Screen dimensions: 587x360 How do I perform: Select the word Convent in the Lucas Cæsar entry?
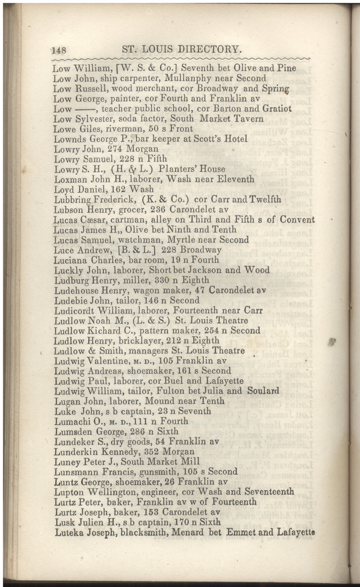297,219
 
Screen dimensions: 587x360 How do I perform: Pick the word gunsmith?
148,471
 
